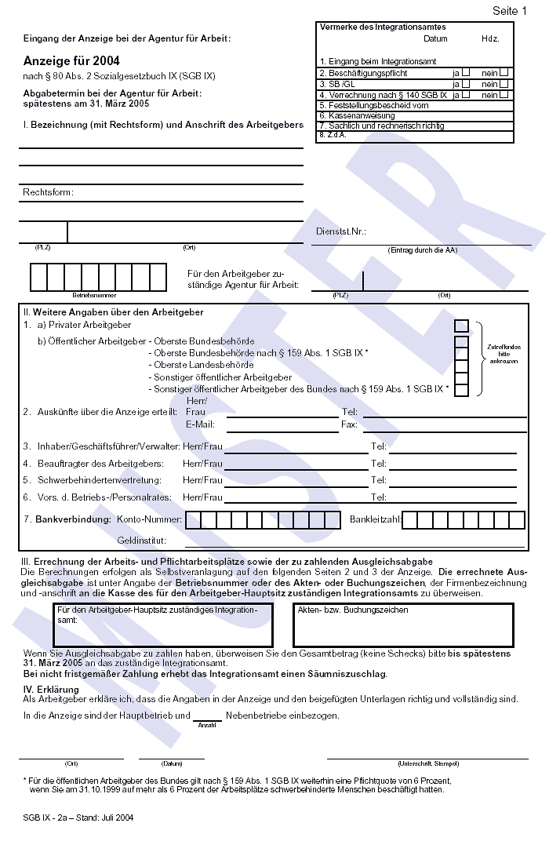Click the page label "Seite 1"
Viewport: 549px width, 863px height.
(509, 11)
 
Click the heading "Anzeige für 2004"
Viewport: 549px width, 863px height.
(71, 60)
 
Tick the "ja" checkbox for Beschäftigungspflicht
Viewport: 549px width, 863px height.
(466, 73)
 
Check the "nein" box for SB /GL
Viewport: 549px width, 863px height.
(504, 83)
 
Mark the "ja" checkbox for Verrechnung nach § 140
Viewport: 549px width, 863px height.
(466, 94)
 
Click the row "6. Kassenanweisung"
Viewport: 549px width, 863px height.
(357, 115)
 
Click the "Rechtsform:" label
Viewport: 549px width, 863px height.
(48, 192)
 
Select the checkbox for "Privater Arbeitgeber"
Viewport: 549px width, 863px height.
(461, 325)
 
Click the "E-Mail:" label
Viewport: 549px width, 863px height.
(200, 424)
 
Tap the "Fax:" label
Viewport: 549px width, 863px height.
(349, 424)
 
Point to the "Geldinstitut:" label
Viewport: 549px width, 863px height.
(141, 541)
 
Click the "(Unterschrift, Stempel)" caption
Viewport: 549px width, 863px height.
(428, 763)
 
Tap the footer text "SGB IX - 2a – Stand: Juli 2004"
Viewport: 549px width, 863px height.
(78, 817)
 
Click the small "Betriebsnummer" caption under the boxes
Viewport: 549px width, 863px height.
(94, 296)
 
